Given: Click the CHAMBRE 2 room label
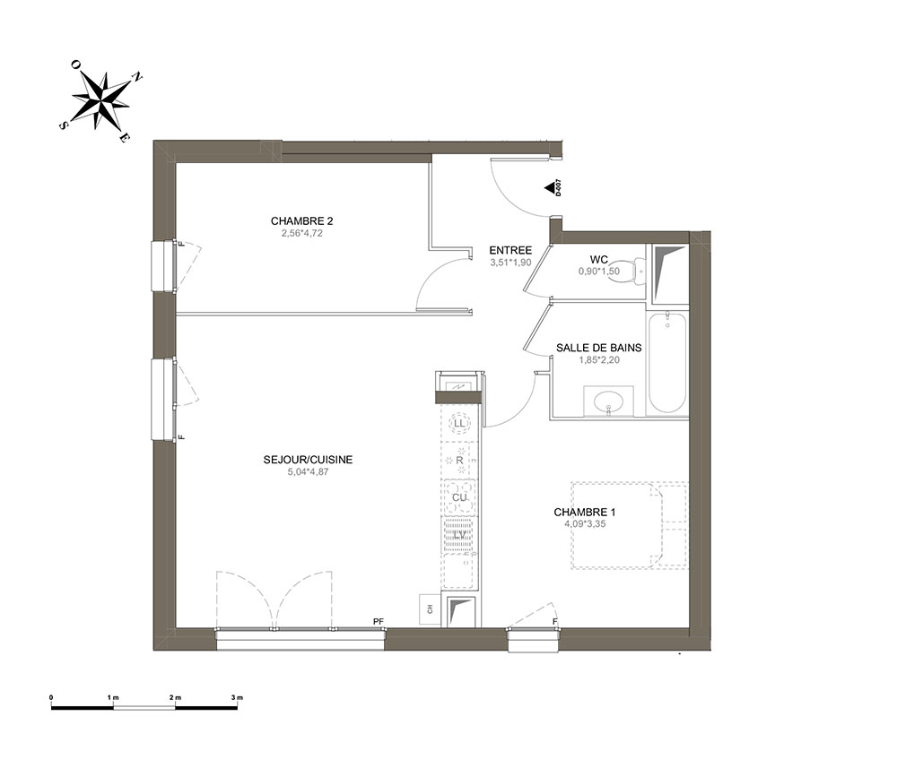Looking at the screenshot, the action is [x=301, y=221].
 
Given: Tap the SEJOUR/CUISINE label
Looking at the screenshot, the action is [x=308, y=460].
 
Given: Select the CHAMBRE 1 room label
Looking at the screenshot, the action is [x=584, y=513].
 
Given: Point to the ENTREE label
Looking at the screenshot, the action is [x=510, y=250].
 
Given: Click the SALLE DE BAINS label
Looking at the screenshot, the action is [x=599, y=348].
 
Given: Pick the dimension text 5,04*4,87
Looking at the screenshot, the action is [x=308, y=472].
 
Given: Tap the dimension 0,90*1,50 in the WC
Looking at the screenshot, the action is [x=599, y=272].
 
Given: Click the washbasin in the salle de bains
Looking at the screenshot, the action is [x=609, y=401].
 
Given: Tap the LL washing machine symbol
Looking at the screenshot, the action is [x=458, y=423].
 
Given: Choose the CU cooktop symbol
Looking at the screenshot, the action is [x=459, y=497].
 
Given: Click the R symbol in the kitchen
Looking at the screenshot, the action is [x=458, y=460].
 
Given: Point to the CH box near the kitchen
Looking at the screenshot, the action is [x=430, y=609].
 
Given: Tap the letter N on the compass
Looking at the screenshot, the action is [x=137, y=76].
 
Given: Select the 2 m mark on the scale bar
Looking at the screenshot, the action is [x=175, y=698].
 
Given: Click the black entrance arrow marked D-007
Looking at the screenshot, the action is [x=550, y=187].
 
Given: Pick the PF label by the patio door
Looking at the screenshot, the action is [x=379, y=621].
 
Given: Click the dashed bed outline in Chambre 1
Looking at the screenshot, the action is [x=630, y=525].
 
